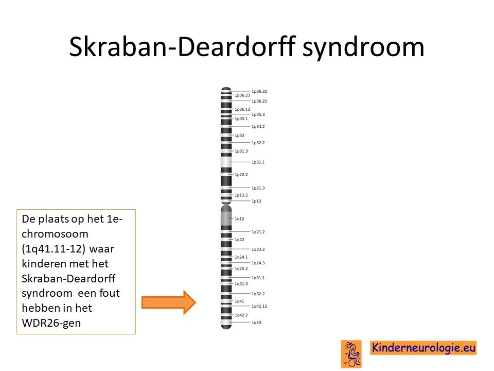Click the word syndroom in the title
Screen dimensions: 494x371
363,47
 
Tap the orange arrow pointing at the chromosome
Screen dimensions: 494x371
169,302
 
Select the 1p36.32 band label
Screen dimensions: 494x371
259,92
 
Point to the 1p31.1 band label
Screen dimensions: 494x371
258,162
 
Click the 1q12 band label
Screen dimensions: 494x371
239,218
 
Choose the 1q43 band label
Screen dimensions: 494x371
256,323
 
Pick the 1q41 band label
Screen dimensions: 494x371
239,301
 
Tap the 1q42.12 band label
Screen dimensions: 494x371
259,306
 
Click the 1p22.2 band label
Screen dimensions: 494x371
241,175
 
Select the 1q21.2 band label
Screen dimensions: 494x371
258,232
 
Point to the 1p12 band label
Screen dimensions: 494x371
256,201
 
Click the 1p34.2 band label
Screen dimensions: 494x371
258,127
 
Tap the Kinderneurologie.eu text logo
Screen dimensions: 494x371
424,348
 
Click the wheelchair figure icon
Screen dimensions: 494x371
351,354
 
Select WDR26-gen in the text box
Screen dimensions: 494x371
51,323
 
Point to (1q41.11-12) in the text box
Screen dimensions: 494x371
54,249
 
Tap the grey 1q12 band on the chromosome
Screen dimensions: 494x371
226,218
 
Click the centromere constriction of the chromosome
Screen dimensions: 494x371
226,204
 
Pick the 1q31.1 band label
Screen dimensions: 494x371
258,278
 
